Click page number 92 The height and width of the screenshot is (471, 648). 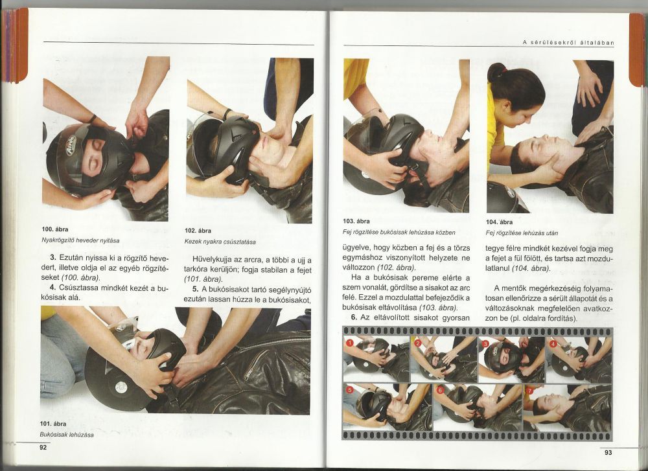point(43,447)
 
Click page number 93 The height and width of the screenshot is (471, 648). point(608,452)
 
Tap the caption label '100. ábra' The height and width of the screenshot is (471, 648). point(55,229)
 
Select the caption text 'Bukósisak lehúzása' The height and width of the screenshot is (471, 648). point(67,435)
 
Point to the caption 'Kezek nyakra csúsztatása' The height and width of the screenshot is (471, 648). point(220,242)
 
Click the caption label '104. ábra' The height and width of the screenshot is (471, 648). point(499,222)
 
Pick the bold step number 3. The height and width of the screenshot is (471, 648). point(52,258)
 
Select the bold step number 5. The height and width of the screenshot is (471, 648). point(196,289)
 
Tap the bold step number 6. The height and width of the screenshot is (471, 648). point(354,317)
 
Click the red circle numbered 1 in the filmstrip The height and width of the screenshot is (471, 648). point(350,343)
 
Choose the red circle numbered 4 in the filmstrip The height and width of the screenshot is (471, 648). point(553,343)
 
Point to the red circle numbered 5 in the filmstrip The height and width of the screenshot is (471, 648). point(350,390)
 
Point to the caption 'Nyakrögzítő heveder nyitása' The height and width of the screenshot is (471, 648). point(80,240)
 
